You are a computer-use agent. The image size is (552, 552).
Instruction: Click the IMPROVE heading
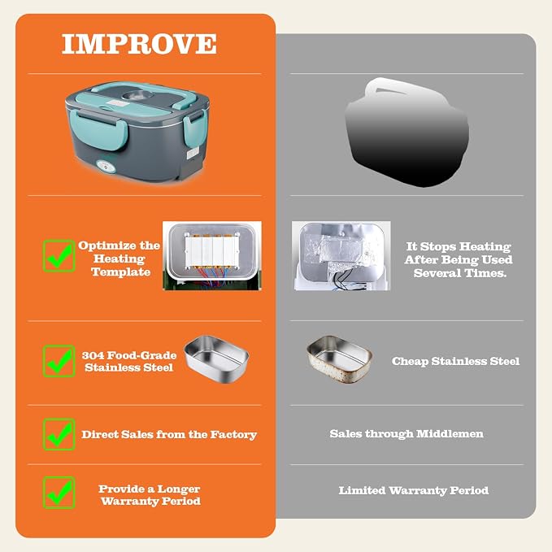tap(139, 44)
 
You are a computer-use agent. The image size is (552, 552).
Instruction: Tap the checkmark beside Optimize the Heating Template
tap(59, 256)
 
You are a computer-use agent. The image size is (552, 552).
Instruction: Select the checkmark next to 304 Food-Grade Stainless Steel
tap(59, 361)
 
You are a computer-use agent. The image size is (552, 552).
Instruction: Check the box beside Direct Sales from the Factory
tap(59, 434)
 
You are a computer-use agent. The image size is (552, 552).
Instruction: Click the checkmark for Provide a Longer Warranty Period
tap(59, 493)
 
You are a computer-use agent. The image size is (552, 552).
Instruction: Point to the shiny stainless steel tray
tap(216, 359)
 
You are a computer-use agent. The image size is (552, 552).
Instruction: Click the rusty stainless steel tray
tap(339, 359)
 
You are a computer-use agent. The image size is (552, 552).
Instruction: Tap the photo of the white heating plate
tap(212, 255)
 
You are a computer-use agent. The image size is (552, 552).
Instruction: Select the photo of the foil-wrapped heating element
tap(341, 255)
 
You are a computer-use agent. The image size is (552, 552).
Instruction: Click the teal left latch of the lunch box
tap(98, 129)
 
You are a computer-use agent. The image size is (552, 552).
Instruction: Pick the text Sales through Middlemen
tap(406, 434)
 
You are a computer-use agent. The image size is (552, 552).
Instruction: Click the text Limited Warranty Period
tap(414, 490)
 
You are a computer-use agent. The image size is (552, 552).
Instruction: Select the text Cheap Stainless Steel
tap(455, 361)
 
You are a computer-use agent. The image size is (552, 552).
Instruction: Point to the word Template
tap(121, 272)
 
